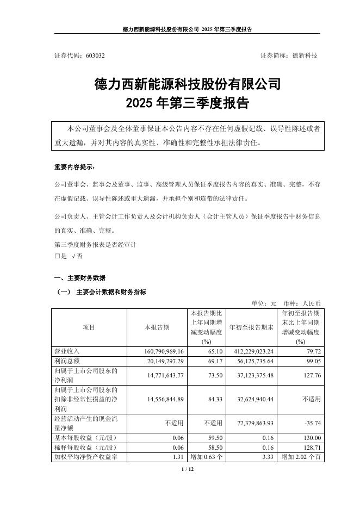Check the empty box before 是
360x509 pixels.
coord(58,256)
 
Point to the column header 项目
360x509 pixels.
coord(89,327)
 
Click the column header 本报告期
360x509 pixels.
coord(157,327)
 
